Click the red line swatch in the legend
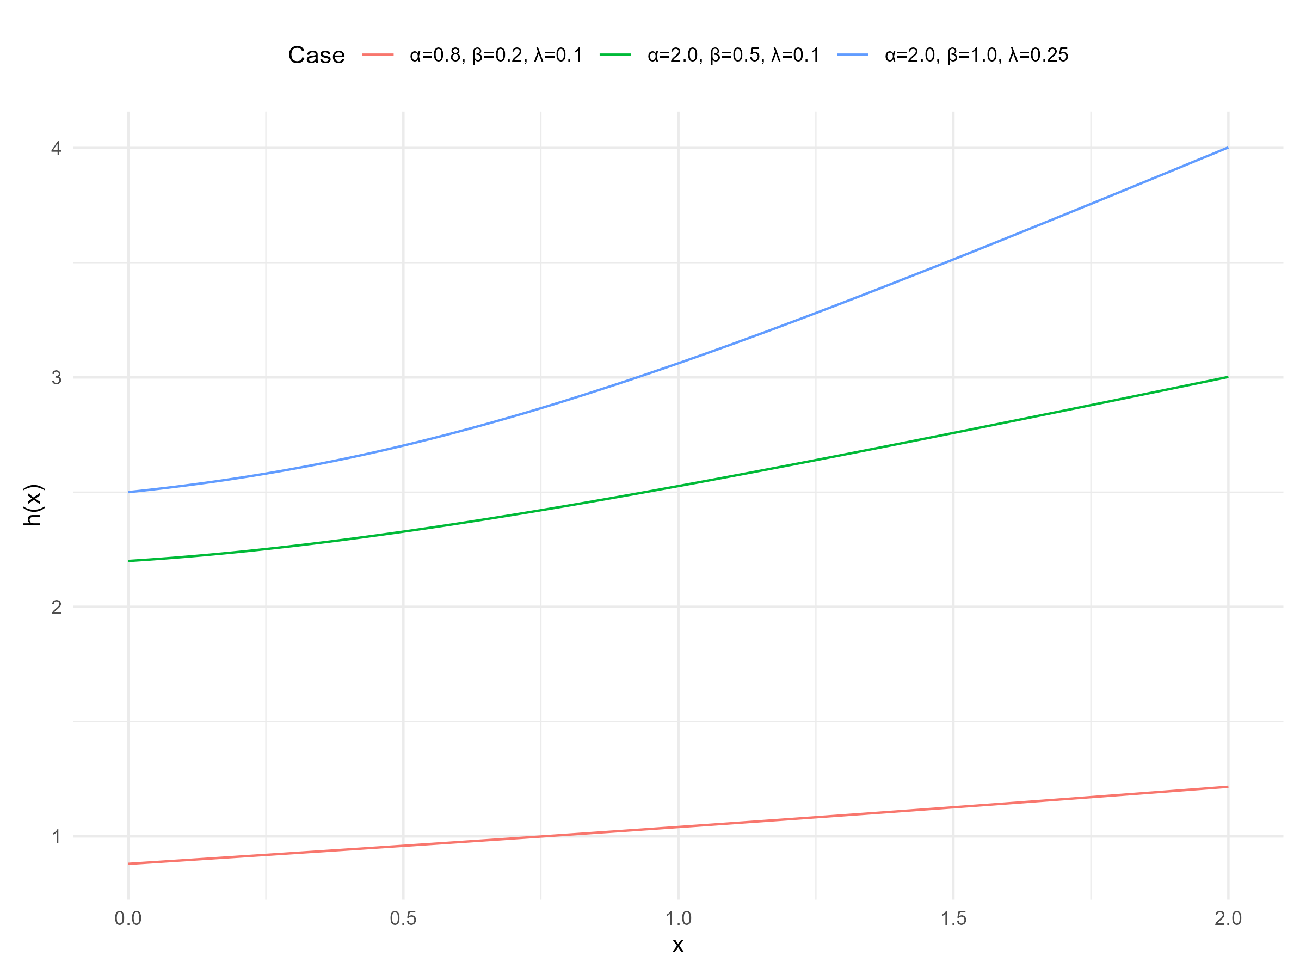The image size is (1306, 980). point(378,55)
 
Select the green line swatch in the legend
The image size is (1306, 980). point(615,55)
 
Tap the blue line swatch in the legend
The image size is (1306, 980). point(853,55)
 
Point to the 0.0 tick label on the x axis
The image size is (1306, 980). point(128,918)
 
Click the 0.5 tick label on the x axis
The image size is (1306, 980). point(403,918)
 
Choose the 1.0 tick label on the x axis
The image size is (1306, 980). point(679,918)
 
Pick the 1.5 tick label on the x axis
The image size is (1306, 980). point(953,918)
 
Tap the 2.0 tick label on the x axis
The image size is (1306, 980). point(1229,918)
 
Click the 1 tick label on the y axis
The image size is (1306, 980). point(57,836)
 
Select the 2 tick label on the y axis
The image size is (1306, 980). point(57,607)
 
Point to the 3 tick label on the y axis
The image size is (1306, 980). point(57,377)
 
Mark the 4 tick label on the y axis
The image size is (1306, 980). point(57,148)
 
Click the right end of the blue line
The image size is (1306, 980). point(1228,148)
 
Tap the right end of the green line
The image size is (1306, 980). point(1228,377)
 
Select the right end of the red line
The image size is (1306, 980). point(1228,787)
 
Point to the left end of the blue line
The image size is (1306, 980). point(129,492)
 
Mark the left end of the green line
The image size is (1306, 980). point(129,561)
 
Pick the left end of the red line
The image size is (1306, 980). point(129,863)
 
